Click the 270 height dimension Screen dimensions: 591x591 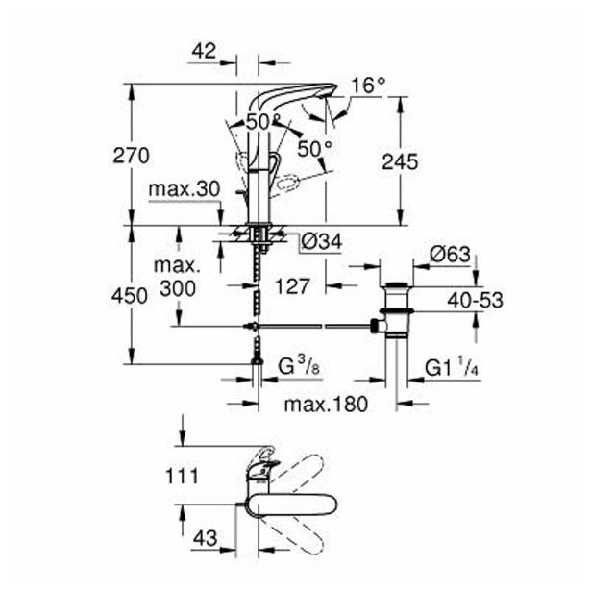(129, 155)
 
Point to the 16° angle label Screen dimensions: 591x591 (368, 86)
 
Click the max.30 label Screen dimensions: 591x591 (185, 191)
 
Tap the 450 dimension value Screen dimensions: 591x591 (129, 295)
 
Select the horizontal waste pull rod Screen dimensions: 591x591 (317, 327)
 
